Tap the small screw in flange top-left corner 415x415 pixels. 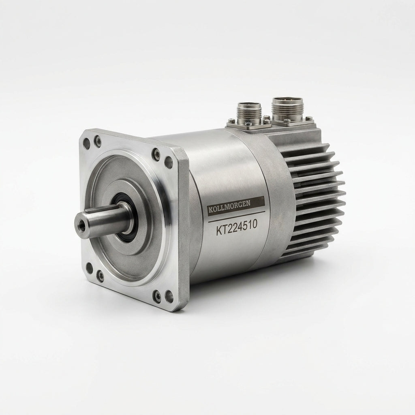tap(98, 141)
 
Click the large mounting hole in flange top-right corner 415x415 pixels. tap(168, 162)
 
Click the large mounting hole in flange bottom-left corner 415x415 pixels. tap(89, 268)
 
